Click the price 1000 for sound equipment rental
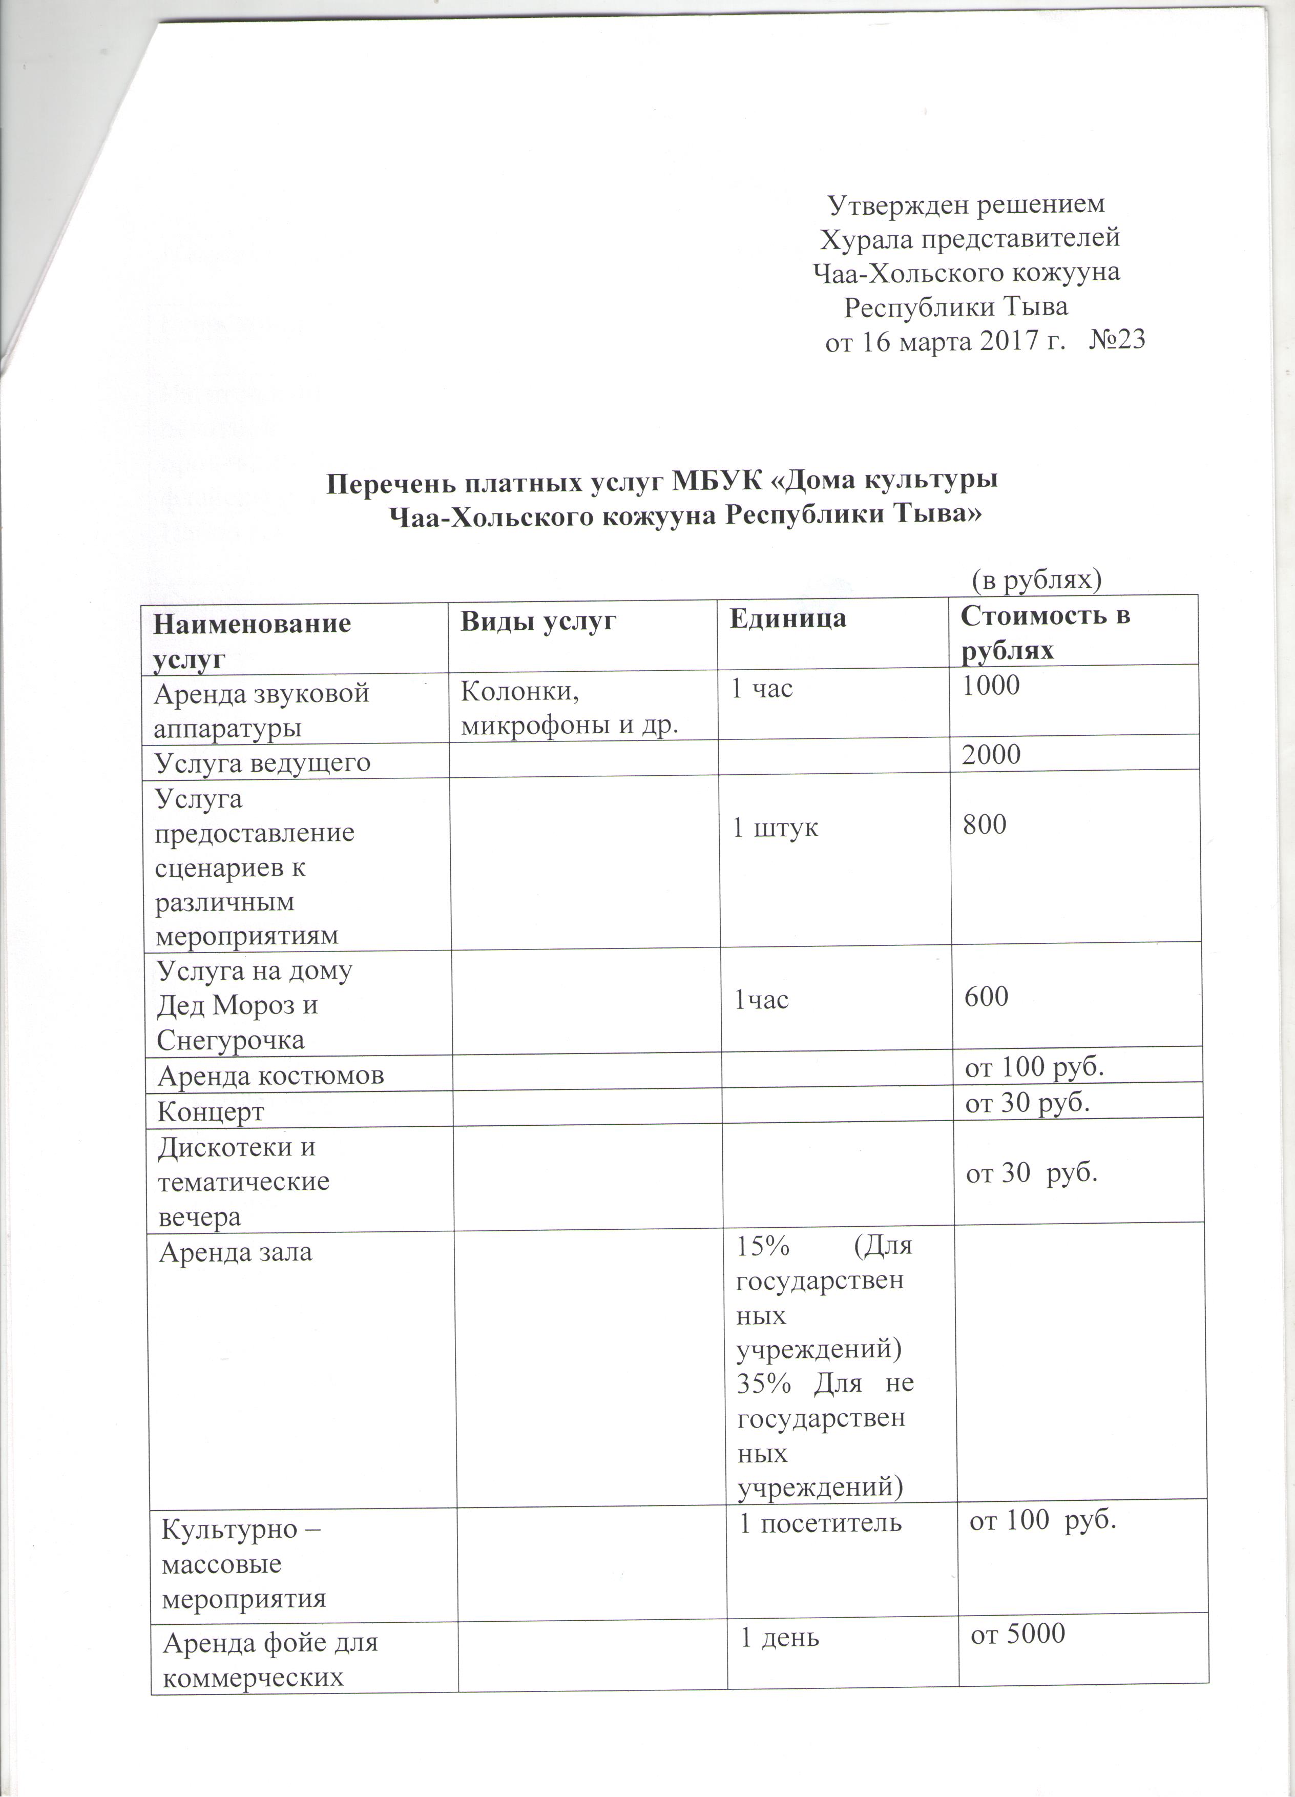(x=990, y=686)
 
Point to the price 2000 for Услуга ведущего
(x=991, y=754)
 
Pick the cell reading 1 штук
(x=775, y=829)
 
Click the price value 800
(x=985, y=825)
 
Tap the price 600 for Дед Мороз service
(x=986, y=996)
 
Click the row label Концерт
(x=210, y=1111)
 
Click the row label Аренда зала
(x=236, y=1253)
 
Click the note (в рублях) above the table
(x=1037, y=581)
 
